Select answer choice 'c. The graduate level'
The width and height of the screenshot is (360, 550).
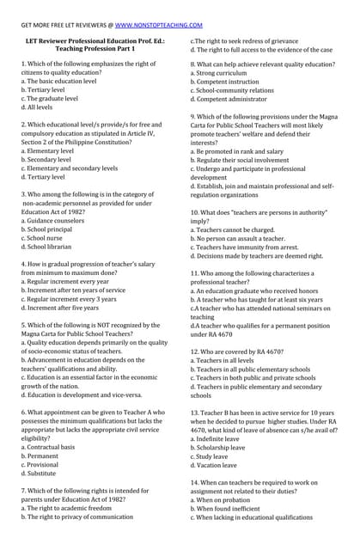coord(51,99)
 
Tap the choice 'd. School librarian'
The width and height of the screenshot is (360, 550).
coord(49,247)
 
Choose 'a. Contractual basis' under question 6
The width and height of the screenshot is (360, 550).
coord(51,447)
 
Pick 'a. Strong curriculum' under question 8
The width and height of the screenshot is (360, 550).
coord(224,73)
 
